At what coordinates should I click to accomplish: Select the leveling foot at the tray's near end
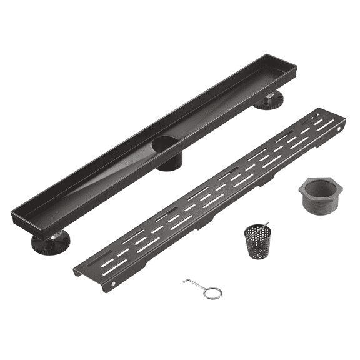[50, 242]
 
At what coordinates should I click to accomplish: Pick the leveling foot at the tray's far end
[269, 101]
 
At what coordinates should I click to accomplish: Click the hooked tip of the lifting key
[186, 282]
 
